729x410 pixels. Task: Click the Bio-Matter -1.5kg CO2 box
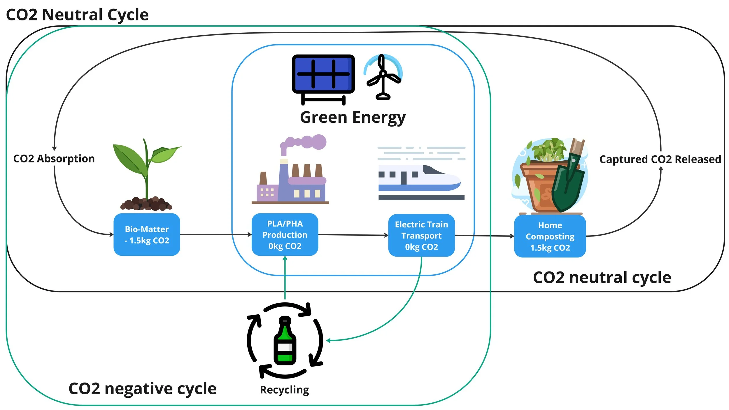(147, 234)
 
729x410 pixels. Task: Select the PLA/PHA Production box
(285, 234)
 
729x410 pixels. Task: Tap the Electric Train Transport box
(421, 235)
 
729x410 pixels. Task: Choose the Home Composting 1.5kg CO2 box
(550, 236)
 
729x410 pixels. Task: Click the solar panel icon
(323, 74)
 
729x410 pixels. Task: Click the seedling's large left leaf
(128, 159)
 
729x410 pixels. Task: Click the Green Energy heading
(353, 118)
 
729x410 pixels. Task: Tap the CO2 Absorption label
(54, 159)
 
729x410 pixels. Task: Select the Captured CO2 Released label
(660, 159)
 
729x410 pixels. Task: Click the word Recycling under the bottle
(284, 390)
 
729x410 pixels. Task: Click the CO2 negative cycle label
(142, 388)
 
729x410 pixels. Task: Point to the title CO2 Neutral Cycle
(77, 15)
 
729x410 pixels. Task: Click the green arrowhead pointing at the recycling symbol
(328, 340)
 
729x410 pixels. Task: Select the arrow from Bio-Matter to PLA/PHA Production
(216, 234)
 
